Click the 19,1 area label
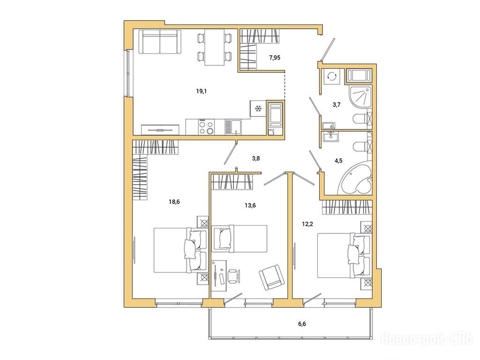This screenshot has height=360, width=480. coord(201,91)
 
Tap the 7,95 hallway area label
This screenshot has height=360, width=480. coord(275,57)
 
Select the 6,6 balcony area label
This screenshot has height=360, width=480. coord(302,324)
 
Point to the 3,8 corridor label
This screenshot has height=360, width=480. coord(256,158)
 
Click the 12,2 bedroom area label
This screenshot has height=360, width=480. coord(307,224)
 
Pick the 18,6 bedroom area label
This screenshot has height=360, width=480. coord(174,202)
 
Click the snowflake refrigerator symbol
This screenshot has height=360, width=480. coord(258,108)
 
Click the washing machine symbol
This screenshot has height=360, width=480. coord(331,76)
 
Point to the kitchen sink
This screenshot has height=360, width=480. coord(233,127)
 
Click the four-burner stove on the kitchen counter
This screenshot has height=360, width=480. coord(206,127)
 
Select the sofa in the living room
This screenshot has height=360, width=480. coord(160,42)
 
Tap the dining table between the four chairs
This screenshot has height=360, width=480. coord(214,47)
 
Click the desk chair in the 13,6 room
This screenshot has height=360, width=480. coord(233,276)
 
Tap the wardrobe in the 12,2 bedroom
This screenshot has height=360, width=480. coord(347,207)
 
